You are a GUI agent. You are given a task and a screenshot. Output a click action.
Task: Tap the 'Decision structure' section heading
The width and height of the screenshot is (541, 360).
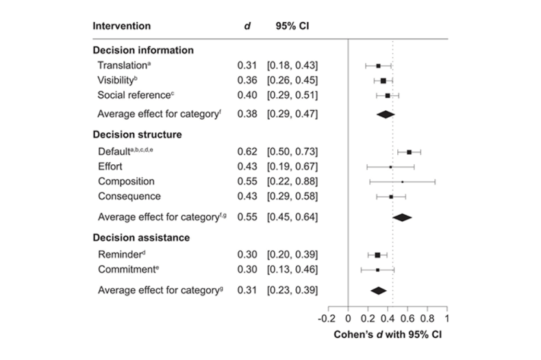click(136, 134)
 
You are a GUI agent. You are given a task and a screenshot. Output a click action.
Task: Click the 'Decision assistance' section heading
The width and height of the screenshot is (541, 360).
click(140, 237)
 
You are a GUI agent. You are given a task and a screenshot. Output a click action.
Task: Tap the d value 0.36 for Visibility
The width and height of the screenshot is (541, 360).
click(247, 80)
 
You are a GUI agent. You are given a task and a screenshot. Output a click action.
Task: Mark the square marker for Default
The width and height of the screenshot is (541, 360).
click(410, 152)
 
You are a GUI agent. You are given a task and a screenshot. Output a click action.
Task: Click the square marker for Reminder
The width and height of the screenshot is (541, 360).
click(377, 255)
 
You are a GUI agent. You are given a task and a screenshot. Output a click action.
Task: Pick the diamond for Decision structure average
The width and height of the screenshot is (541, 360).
click(402, 217)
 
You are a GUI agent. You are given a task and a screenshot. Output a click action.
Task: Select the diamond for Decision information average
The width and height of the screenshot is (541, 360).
click(386, 114)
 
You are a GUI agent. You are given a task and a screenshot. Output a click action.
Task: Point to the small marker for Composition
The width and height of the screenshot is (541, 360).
click(402, 181)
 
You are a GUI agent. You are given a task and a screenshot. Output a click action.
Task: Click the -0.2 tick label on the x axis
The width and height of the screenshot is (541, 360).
click(326, 318)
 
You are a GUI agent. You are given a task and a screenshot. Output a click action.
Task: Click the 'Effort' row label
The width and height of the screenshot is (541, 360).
click(111, 166)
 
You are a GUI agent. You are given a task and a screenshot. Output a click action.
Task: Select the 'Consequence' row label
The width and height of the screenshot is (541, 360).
click(129, 196)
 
